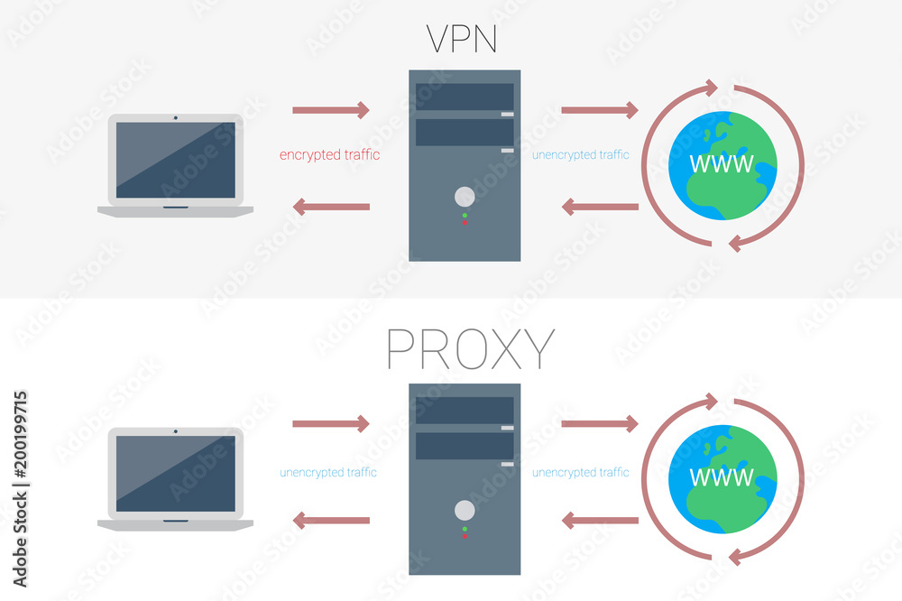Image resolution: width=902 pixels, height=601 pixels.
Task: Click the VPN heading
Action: coord(464,40)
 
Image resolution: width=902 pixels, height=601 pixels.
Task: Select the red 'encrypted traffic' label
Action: coord(329,155)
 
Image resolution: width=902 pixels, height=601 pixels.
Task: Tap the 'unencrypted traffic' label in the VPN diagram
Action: coord(580,155)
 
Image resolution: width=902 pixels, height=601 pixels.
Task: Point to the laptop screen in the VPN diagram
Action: coord(176,160)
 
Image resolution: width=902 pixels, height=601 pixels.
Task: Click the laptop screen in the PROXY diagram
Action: coord(176,474)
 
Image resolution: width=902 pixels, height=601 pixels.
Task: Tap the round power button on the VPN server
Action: coord(465,196)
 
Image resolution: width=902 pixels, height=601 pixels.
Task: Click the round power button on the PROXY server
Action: coord(465,510)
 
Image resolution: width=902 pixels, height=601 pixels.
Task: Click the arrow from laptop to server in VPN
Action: coord(331,110)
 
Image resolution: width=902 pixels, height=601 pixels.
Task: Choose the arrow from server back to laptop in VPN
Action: coord(331,208)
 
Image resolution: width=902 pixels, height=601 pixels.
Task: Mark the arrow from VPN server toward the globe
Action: coord(600,110)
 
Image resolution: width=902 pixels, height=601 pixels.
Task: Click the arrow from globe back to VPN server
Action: coord(600,208)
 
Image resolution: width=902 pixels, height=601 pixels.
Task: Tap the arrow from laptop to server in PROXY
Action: coord(331,423)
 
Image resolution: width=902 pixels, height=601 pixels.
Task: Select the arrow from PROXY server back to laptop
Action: coord(331,521)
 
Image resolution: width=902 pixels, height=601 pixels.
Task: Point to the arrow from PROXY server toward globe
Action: coord(600,423)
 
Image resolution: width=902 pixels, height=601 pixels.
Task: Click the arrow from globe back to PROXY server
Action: coord(600,521)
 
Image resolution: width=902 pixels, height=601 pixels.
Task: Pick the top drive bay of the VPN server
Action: coord(465,97)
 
